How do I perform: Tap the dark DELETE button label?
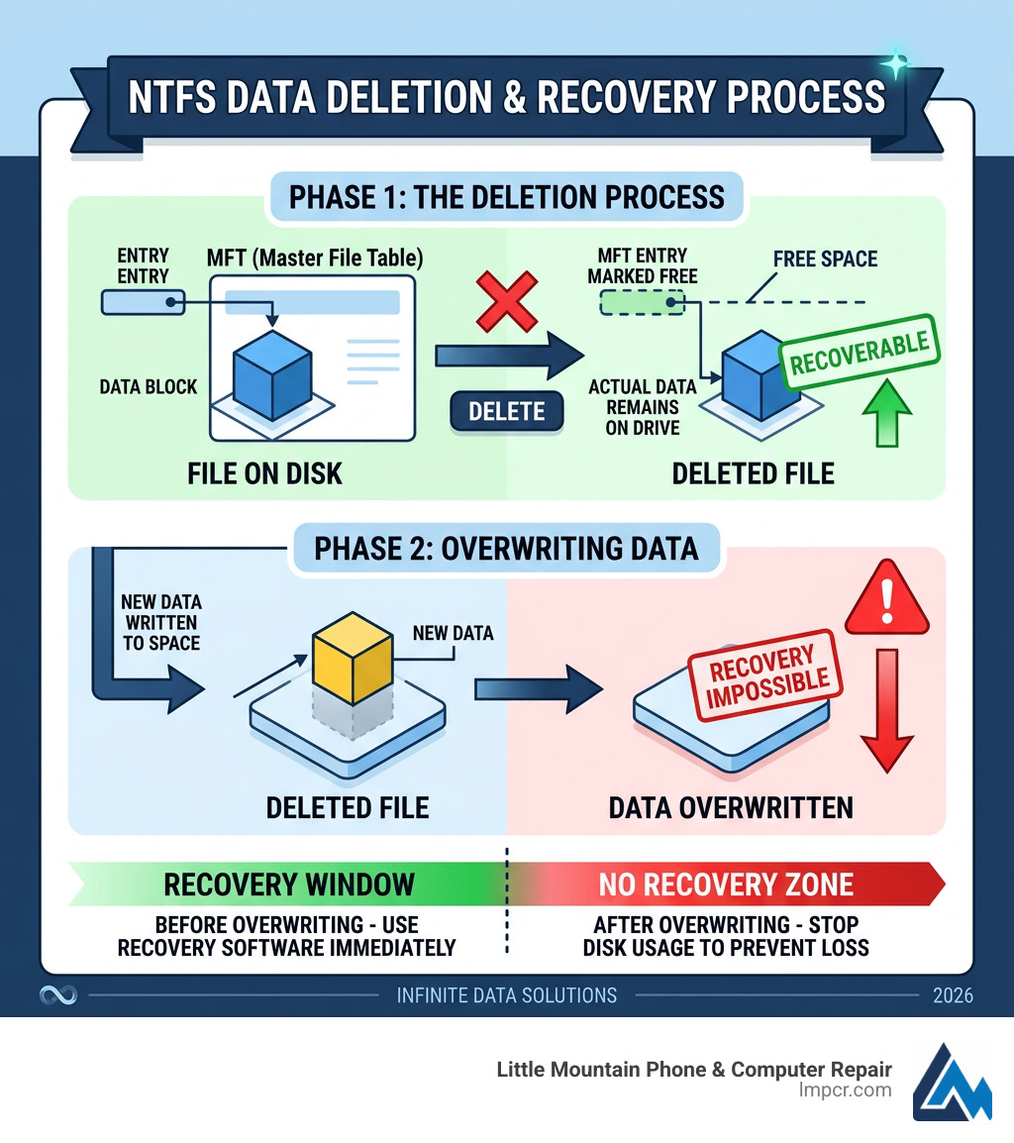tap(507, 410)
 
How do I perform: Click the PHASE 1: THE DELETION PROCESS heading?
tap(506, 196)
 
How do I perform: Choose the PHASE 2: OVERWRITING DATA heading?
tap(506, 548)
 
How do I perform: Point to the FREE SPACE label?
tap(825, 260)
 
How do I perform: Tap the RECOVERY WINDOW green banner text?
tap(289, 883)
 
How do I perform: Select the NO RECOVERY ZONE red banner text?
tap(726, 883)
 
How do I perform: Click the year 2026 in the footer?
tap(953, 995)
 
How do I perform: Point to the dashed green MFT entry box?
tap(642, 302)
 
